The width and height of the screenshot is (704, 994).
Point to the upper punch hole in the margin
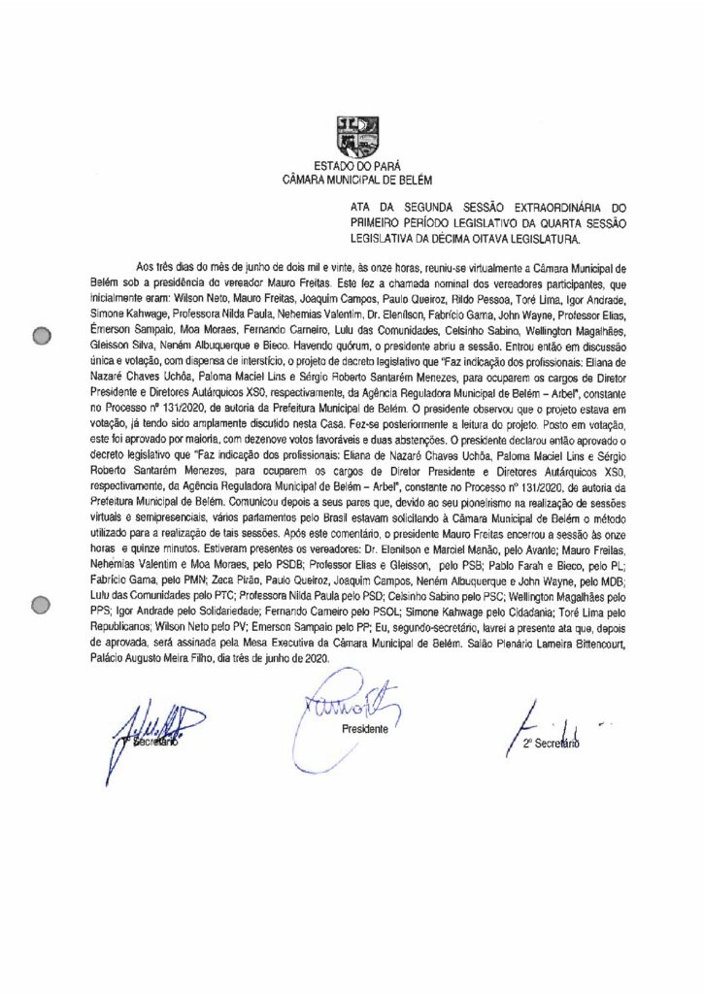point(41,337)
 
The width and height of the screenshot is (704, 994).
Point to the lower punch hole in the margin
point(41,607)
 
